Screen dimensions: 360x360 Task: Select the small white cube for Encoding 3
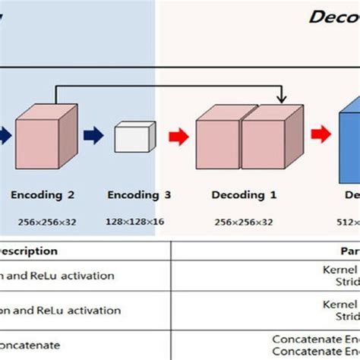pos(134,138)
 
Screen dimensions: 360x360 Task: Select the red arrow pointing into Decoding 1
pos(178,137)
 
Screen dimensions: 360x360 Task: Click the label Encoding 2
pos(43,194)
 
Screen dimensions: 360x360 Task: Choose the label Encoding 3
pos(139,194)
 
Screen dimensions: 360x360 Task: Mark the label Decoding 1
pos(243,194)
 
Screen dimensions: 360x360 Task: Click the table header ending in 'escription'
pos(29,251)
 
